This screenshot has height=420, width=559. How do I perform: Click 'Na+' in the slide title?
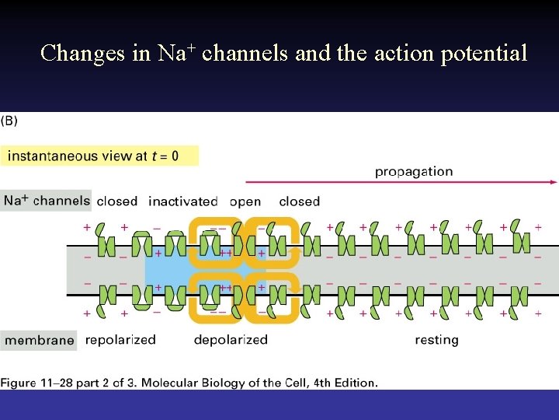click(177, 53)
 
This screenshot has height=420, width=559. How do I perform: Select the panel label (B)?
click(9, 121)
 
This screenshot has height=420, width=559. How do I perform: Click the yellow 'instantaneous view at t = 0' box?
click(99, 156)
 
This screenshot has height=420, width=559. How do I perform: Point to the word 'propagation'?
click(413, 171)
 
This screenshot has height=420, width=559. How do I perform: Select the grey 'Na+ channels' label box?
click(47, 201)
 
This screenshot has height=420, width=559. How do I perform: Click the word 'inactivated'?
click(183, 201)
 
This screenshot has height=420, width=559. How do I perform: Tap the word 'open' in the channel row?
click(245, 201)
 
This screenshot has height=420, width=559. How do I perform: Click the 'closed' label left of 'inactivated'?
click(117, 201)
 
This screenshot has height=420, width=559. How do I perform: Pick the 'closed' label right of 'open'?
click(299, 201)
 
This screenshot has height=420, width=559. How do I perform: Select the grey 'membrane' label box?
click(39, 340)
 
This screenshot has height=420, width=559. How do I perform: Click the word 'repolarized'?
click(120, 340)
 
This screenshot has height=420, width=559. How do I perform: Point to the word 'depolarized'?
click(231, 340)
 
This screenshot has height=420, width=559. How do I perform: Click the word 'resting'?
click(436, 340)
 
